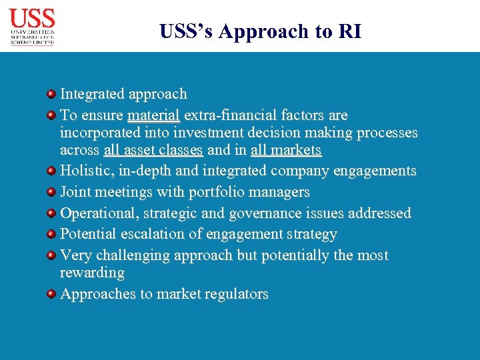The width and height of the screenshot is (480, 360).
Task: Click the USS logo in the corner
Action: click(x=32, y=26)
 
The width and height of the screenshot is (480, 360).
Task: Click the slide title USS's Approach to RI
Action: click(x=261, y=31)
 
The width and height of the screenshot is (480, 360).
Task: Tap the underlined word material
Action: click(x=153, y=115)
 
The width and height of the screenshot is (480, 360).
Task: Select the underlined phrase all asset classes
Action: click(x=153, y=150)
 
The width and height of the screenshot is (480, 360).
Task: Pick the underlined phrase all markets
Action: click(x=286, y=150)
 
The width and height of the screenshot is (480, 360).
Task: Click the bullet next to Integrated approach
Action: click(x=51, y=94)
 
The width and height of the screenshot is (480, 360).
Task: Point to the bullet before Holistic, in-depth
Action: click(x=51, y=171)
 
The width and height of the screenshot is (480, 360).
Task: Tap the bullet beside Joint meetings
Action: click(x=51, y=192)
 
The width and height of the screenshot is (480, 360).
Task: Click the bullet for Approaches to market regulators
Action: click(x=51, y=294)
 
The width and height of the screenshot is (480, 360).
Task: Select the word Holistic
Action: click(x=87, y=171)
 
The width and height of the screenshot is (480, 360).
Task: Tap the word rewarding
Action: click(x=92, y=273)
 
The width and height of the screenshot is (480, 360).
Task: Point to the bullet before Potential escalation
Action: click(x=51, y=234)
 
